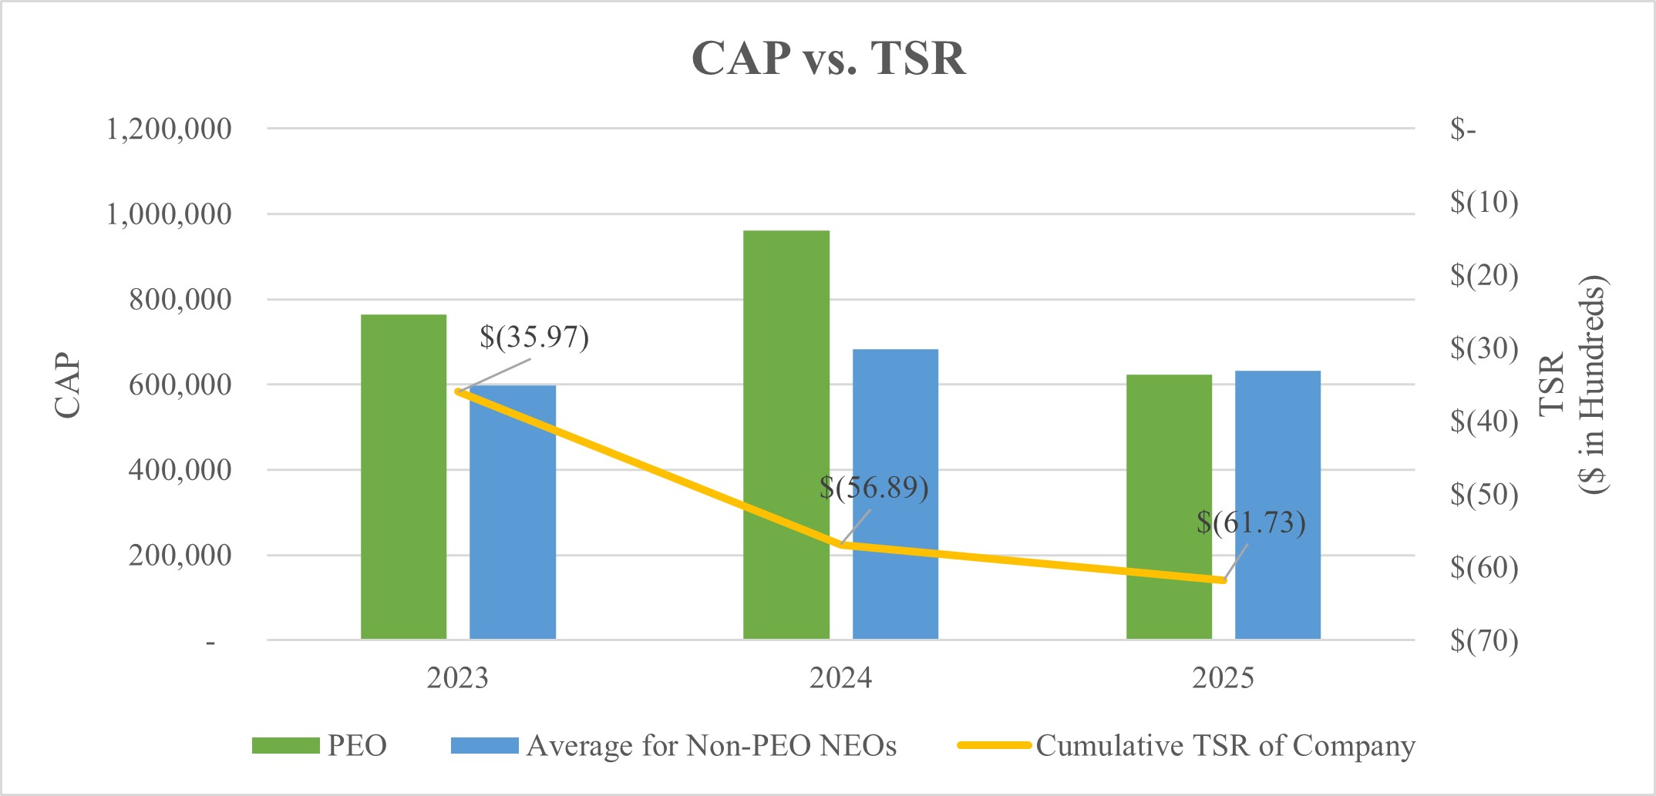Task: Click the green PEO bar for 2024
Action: [x=786, y=435]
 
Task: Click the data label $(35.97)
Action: [x=534, y=338]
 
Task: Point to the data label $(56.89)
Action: [x=873, y=488]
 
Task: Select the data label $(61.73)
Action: [x=1250, y=523]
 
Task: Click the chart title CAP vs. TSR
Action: [x=828, y=59]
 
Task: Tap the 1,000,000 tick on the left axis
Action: [x=168, y=214]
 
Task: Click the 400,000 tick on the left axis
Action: [x=180, y=469]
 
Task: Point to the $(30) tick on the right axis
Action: [x=1483, y=348]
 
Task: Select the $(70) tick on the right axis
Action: [x=1483, y=640]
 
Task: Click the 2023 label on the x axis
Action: [x=457, y=678]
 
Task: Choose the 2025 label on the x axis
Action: [x=1223, y=678]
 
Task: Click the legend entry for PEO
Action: [x=356, y=746]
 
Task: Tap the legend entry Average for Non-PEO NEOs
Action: [x=711, y=746]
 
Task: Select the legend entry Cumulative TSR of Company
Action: [x=1225, y=746]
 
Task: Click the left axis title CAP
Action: [x=68, y=385]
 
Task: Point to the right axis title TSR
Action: [x=1551, y=384]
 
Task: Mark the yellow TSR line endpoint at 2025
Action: [x=1223, y=580]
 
